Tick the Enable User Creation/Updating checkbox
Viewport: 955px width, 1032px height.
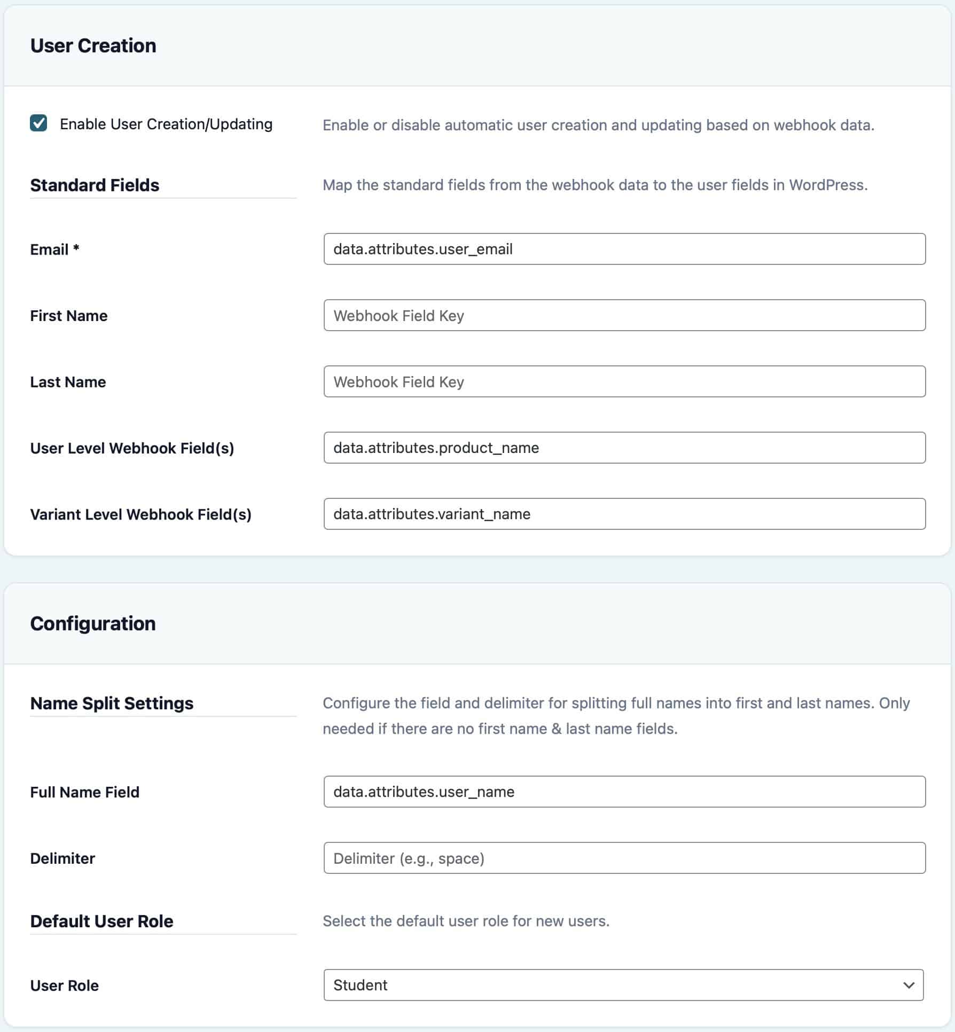coord(38,123)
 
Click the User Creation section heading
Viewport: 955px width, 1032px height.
coord(93,46)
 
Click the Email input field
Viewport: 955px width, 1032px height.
coord(624,249)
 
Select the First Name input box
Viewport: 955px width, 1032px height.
coord(624,315)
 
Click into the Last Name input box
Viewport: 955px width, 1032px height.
coord(624,381)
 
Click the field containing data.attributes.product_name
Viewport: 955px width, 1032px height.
coord(624,448)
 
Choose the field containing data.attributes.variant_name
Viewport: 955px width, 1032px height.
coord(624,514)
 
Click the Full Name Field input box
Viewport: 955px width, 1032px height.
coord(624,792)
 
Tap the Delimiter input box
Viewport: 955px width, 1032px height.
coord(624,858)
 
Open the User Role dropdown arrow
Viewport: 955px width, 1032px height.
coord(909,985)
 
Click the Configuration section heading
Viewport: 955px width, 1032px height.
coord(93,624)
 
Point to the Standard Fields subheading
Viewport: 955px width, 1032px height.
coord(95,185)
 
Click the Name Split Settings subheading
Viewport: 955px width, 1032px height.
coord(112,703)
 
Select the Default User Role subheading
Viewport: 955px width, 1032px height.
coord(101,921)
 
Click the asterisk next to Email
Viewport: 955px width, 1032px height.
coord(76,248)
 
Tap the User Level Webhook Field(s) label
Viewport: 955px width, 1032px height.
coord(132,448)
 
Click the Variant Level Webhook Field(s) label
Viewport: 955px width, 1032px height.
coord(140,514)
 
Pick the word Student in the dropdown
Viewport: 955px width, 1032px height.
coord(361,985)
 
